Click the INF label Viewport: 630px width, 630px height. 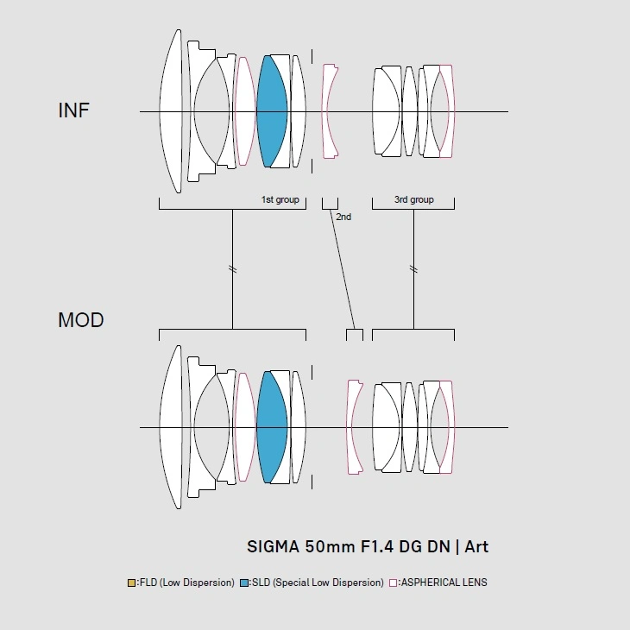(x=73, y=110)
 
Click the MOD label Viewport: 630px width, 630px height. (x=80, y=320)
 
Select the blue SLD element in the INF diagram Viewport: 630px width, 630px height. (x=271, y=110)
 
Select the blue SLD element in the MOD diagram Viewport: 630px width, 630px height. (x=271, y=427)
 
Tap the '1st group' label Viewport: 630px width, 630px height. (x=280, y=200)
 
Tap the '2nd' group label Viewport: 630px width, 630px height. (x=343, y=217)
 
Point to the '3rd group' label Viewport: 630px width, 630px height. (x=414, y=200)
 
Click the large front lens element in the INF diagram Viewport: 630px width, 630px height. (x=171, y=110)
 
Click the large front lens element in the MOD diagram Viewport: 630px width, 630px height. (x=171, y=427)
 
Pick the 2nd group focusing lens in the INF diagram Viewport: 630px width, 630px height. (x=329, y=110)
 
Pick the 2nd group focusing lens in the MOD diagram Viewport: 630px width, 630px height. (x=352, y=427)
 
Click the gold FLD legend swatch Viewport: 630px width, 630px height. (x=130, y=583)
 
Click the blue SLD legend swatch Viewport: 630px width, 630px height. (x=245, y=583)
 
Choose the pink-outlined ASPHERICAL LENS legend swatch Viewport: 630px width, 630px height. (x=394, y=583)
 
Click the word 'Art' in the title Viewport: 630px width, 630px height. (x=476, y=546)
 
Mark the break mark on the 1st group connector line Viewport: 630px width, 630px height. (x=232, y=269)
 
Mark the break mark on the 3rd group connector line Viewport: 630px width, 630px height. (x=413, y=269)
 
